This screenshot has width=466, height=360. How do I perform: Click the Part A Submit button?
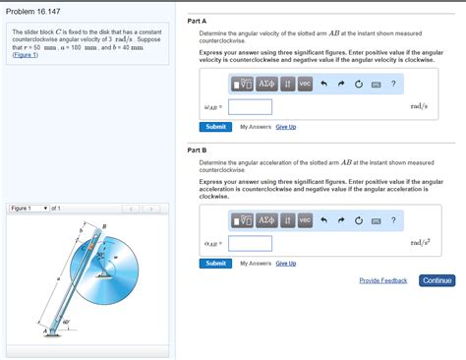pyautogui.click(x=215, y=127)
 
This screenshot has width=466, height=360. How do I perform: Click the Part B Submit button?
pyautogui.click(x=215, y=264)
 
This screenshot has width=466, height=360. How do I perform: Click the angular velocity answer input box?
pyautogui.click(x=250, y=106)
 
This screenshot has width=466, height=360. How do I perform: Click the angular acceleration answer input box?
pyautogui.click(x=250, y=243)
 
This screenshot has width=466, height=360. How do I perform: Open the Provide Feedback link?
pyautogui.click(x=382, y=281)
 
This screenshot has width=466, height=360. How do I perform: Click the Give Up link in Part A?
pyautogui.click(x=286, y=127)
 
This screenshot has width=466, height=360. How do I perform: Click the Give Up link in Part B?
pyautogui.click(x=286, y=264)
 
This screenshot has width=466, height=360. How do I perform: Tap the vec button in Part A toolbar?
pyautogui.click(x=304, y=84)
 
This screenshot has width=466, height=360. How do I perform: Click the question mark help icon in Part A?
pyautogui.click(x=393, y=84)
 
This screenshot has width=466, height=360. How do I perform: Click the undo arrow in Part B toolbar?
pyautogui.click(x=322, y=219)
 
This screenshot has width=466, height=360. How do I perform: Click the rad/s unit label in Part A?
pyautogui.click(x=420, y=106)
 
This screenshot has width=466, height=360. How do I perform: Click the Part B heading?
pyautogui.click(x=199, y=150)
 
